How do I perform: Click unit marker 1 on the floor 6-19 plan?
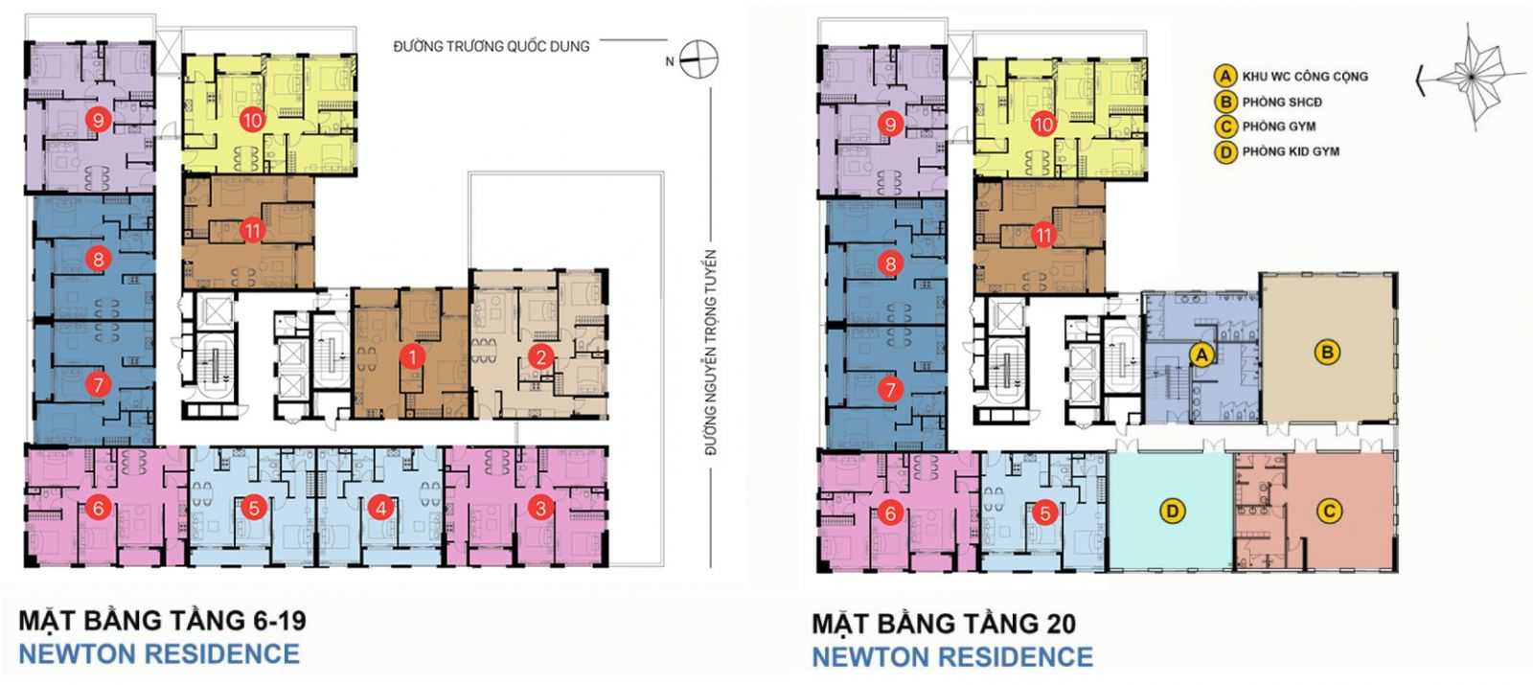412,356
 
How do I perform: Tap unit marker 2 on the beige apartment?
541,356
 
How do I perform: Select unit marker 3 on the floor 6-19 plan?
541,508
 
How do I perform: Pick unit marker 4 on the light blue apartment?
381,508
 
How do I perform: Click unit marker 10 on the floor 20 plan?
1043,125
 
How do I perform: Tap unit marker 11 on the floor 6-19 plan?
253,231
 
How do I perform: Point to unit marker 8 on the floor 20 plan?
890,263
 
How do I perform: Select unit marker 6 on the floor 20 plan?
890,513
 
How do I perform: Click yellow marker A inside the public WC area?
1201,354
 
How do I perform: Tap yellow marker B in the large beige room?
1327,353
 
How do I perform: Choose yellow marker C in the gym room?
1329,512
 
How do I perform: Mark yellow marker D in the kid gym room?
1173,512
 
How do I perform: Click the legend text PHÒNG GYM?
1278,126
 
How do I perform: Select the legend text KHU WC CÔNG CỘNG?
1305,77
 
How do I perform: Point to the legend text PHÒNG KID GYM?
1291,151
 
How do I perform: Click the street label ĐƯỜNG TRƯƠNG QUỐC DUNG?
492,47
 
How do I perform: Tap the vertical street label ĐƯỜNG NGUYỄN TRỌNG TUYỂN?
711,353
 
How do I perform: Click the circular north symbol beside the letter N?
698,59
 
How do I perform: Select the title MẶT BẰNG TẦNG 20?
944,624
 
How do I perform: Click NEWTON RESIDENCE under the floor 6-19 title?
159,654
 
